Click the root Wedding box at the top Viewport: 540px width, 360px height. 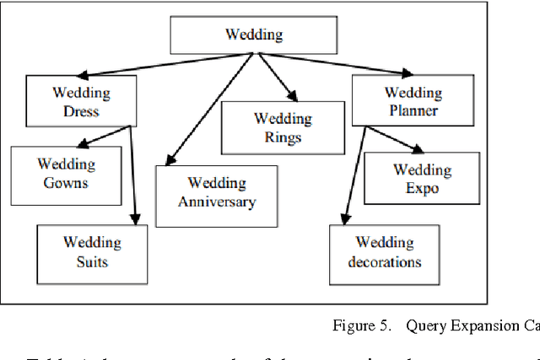254,35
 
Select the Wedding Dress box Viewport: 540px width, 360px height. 75,101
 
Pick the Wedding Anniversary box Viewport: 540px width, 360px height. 217,192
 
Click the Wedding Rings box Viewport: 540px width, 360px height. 283,127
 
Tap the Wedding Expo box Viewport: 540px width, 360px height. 422,179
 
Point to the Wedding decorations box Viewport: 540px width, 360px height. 385,252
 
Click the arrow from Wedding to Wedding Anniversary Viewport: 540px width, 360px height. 211,110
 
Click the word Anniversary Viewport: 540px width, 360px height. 217,201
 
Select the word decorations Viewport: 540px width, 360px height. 385,261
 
